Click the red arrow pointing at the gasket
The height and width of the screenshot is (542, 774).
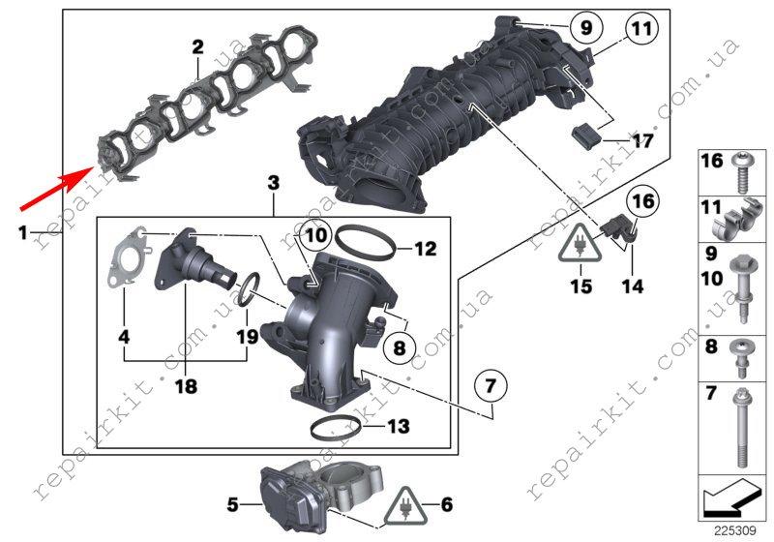click(x=57, y=188)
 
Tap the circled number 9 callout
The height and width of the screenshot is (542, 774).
click(x=586, y=27)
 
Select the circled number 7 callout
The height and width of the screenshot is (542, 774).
click(x=491, y=385)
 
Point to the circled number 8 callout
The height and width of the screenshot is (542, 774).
click(x=399, y=347)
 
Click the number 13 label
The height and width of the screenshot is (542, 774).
click(x=398, y=426)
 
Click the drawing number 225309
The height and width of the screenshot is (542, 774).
click(x=734, y=530)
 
